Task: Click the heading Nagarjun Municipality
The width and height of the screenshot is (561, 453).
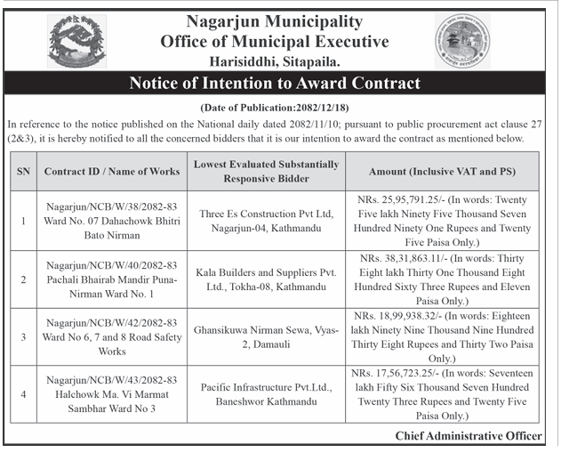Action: pyautogui.click(x=274, y=20)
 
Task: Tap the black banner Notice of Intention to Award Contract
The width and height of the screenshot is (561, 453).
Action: pyautogui.click(x=275, y=84)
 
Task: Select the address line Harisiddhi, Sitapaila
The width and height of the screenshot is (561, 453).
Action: pyautogui.click(x=275, y=61)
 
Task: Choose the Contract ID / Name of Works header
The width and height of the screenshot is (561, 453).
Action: pyautogui.click(x=112, y=171)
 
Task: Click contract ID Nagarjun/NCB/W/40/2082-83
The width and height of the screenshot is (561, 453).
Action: pyautogui.click(x=112, y=266)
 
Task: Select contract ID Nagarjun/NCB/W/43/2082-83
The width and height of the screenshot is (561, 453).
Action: pyautogui.click(x=112, y=380)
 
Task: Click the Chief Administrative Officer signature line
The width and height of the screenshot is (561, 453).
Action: pyautogui.click(x=469, y=435)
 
